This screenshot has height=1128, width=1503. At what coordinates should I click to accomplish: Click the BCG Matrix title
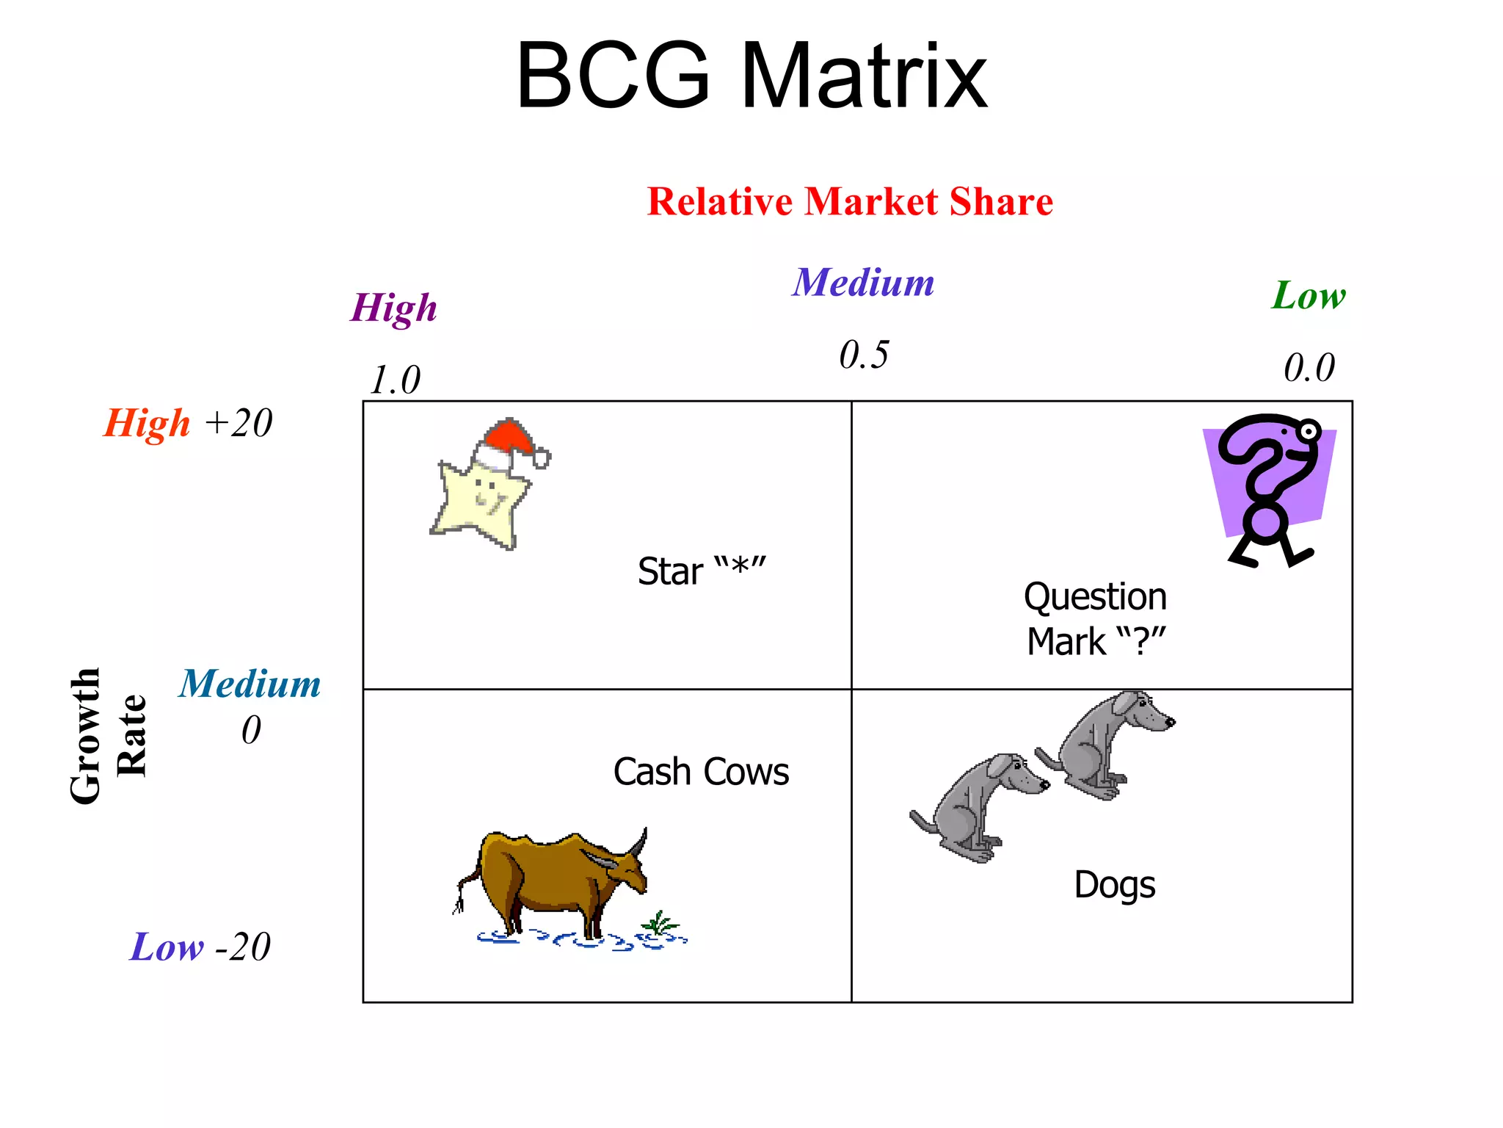(751, 76)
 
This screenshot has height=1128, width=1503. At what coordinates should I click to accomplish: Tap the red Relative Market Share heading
(850, 202)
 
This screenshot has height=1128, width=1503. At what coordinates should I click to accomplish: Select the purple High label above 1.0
(394, 308)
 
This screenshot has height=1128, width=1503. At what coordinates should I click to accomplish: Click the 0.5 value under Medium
(864, 355)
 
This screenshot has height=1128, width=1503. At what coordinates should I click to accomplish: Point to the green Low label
(1309, 296)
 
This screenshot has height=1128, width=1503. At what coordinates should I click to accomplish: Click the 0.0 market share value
(1309, 368)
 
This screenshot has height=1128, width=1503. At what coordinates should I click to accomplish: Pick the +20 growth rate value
(239, 423)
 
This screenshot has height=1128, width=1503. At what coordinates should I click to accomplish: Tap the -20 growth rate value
(243, 947)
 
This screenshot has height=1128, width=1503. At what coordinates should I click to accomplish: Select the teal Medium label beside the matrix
(250, 684)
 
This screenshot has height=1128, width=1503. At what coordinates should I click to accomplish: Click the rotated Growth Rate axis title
(108, 736)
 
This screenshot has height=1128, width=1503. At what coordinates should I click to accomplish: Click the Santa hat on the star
(510, 443)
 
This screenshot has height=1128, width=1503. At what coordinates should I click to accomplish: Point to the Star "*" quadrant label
(702, 571)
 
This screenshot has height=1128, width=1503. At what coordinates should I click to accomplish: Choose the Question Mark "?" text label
(1096, 618)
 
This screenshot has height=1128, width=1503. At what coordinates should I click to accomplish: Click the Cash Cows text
(701, 772)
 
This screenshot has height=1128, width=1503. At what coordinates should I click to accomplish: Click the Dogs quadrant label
(1114, 885)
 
